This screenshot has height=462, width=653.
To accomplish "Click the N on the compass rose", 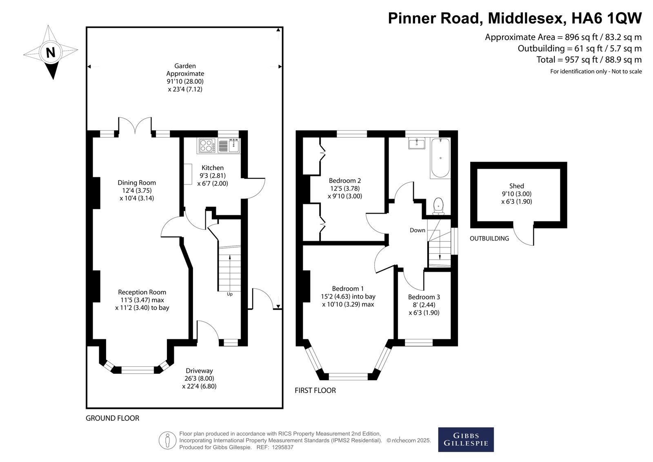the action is pos(51,53).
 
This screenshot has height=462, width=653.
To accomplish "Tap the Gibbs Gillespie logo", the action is pos(466,440).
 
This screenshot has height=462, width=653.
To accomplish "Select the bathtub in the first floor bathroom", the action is pos(440,158).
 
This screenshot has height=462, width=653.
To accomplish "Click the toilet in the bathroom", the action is pos(438,206).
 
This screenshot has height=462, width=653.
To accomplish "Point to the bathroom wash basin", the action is pos(417,143).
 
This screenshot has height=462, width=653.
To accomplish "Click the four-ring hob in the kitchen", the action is pos(207,146).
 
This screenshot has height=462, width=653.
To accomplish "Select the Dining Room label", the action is pos(137,183).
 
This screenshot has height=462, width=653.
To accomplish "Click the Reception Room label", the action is pos(142,292).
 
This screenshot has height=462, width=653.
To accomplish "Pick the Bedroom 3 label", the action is pos(424,297).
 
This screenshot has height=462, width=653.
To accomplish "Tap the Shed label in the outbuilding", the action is pos(517,186).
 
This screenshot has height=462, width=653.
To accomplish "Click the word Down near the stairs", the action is pos(418,230).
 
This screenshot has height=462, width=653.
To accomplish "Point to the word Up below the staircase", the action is pos(230,295).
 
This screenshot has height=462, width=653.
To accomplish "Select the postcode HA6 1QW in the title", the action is pos(606,18).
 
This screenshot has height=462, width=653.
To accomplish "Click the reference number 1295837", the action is pos(282,447).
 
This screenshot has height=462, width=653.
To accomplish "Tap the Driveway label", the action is pos(200,370).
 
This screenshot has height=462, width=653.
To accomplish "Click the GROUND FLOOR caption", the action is pos(113,418).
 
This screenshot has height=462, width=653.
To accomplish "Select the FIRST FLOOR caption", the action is pos(315,391).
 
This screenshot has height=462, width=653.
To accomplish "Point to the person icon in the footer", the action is pos(167,440).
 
